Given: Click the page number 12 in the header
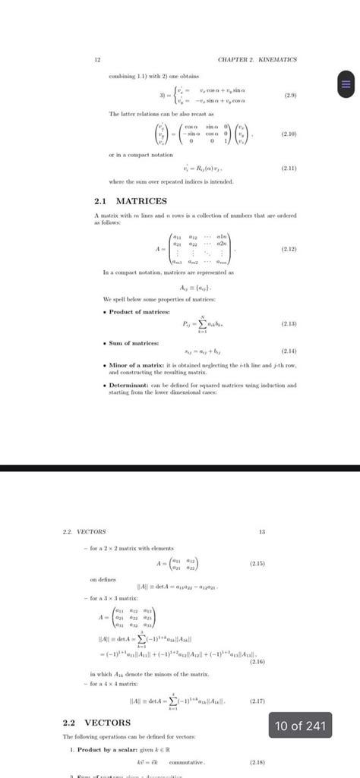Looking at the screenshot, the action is click(97, 58).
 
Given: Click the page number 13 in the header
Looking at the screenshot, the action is click(262, 532).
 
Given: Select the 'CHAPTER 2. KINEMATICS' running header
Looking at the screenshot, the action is click(257, 58).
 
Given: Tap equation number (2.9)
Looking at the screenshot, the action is click(289, 96).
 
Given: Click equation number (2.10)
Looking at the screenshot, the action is click(288, 134).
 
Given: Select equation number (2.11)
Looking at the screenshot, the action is click(288, 169).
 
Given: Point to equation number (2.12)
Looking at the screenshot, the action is click(288, 248).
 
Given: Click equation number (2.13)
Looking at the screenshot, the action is click(288, 323).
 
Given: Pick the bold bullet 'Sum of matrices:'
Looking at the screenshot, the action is click(134, 343).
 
